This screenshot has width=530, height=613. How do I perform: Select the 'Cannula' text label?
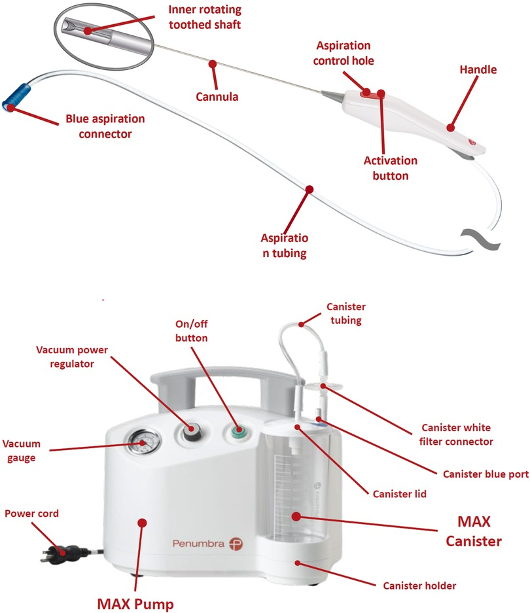tap(217, 97)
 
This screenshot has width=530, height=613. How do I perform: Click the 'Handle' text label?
tap(478, 69)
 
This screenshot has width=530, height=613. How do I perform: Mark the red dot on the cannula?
tap(213, 63)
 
